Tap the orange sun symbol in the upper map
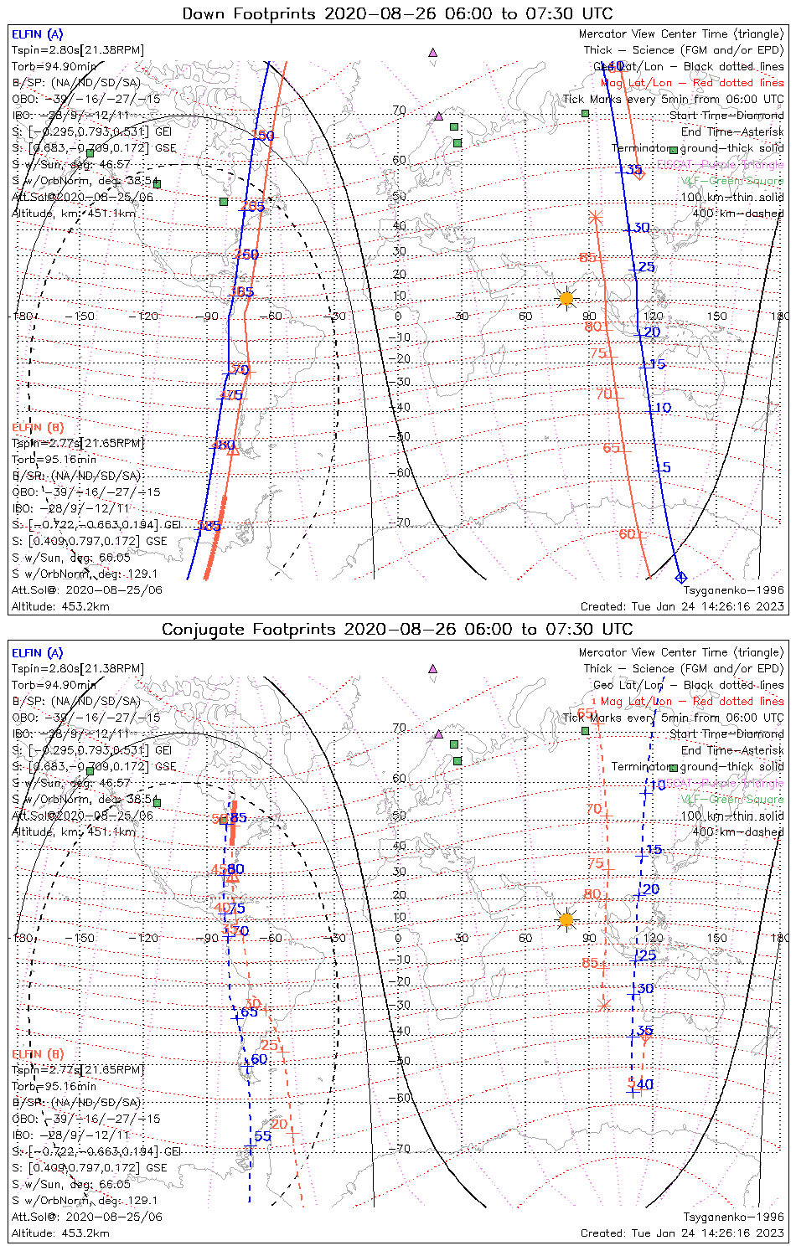(566, 298)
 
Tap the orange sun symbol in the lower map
(566, 919)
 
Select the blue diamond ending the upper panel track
(680, 577)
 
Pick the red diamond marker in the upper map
(639, 174)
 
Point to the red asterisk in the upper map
(595, 218)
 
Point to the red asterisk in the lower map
(605, 1004)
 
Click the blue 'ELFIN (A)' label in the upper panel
(37, 34)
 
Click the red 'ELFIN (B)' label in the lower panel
(37, 1053)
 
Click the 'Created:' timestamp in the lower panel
(682, 1233)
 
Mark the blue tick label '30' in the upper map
(642, 228)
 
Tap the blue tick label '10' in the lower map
(659, 785)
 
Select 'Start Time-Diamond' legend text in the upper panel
(726, 116)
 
